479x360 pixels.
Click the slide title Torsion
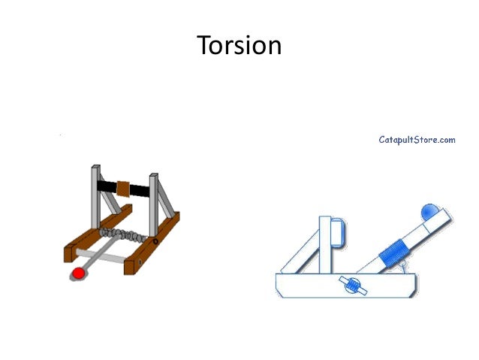coord(239,47)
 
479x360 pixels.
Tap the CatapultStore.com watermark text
coord(417,139)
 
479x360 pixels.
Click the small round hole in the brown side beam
coord(155,242)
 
